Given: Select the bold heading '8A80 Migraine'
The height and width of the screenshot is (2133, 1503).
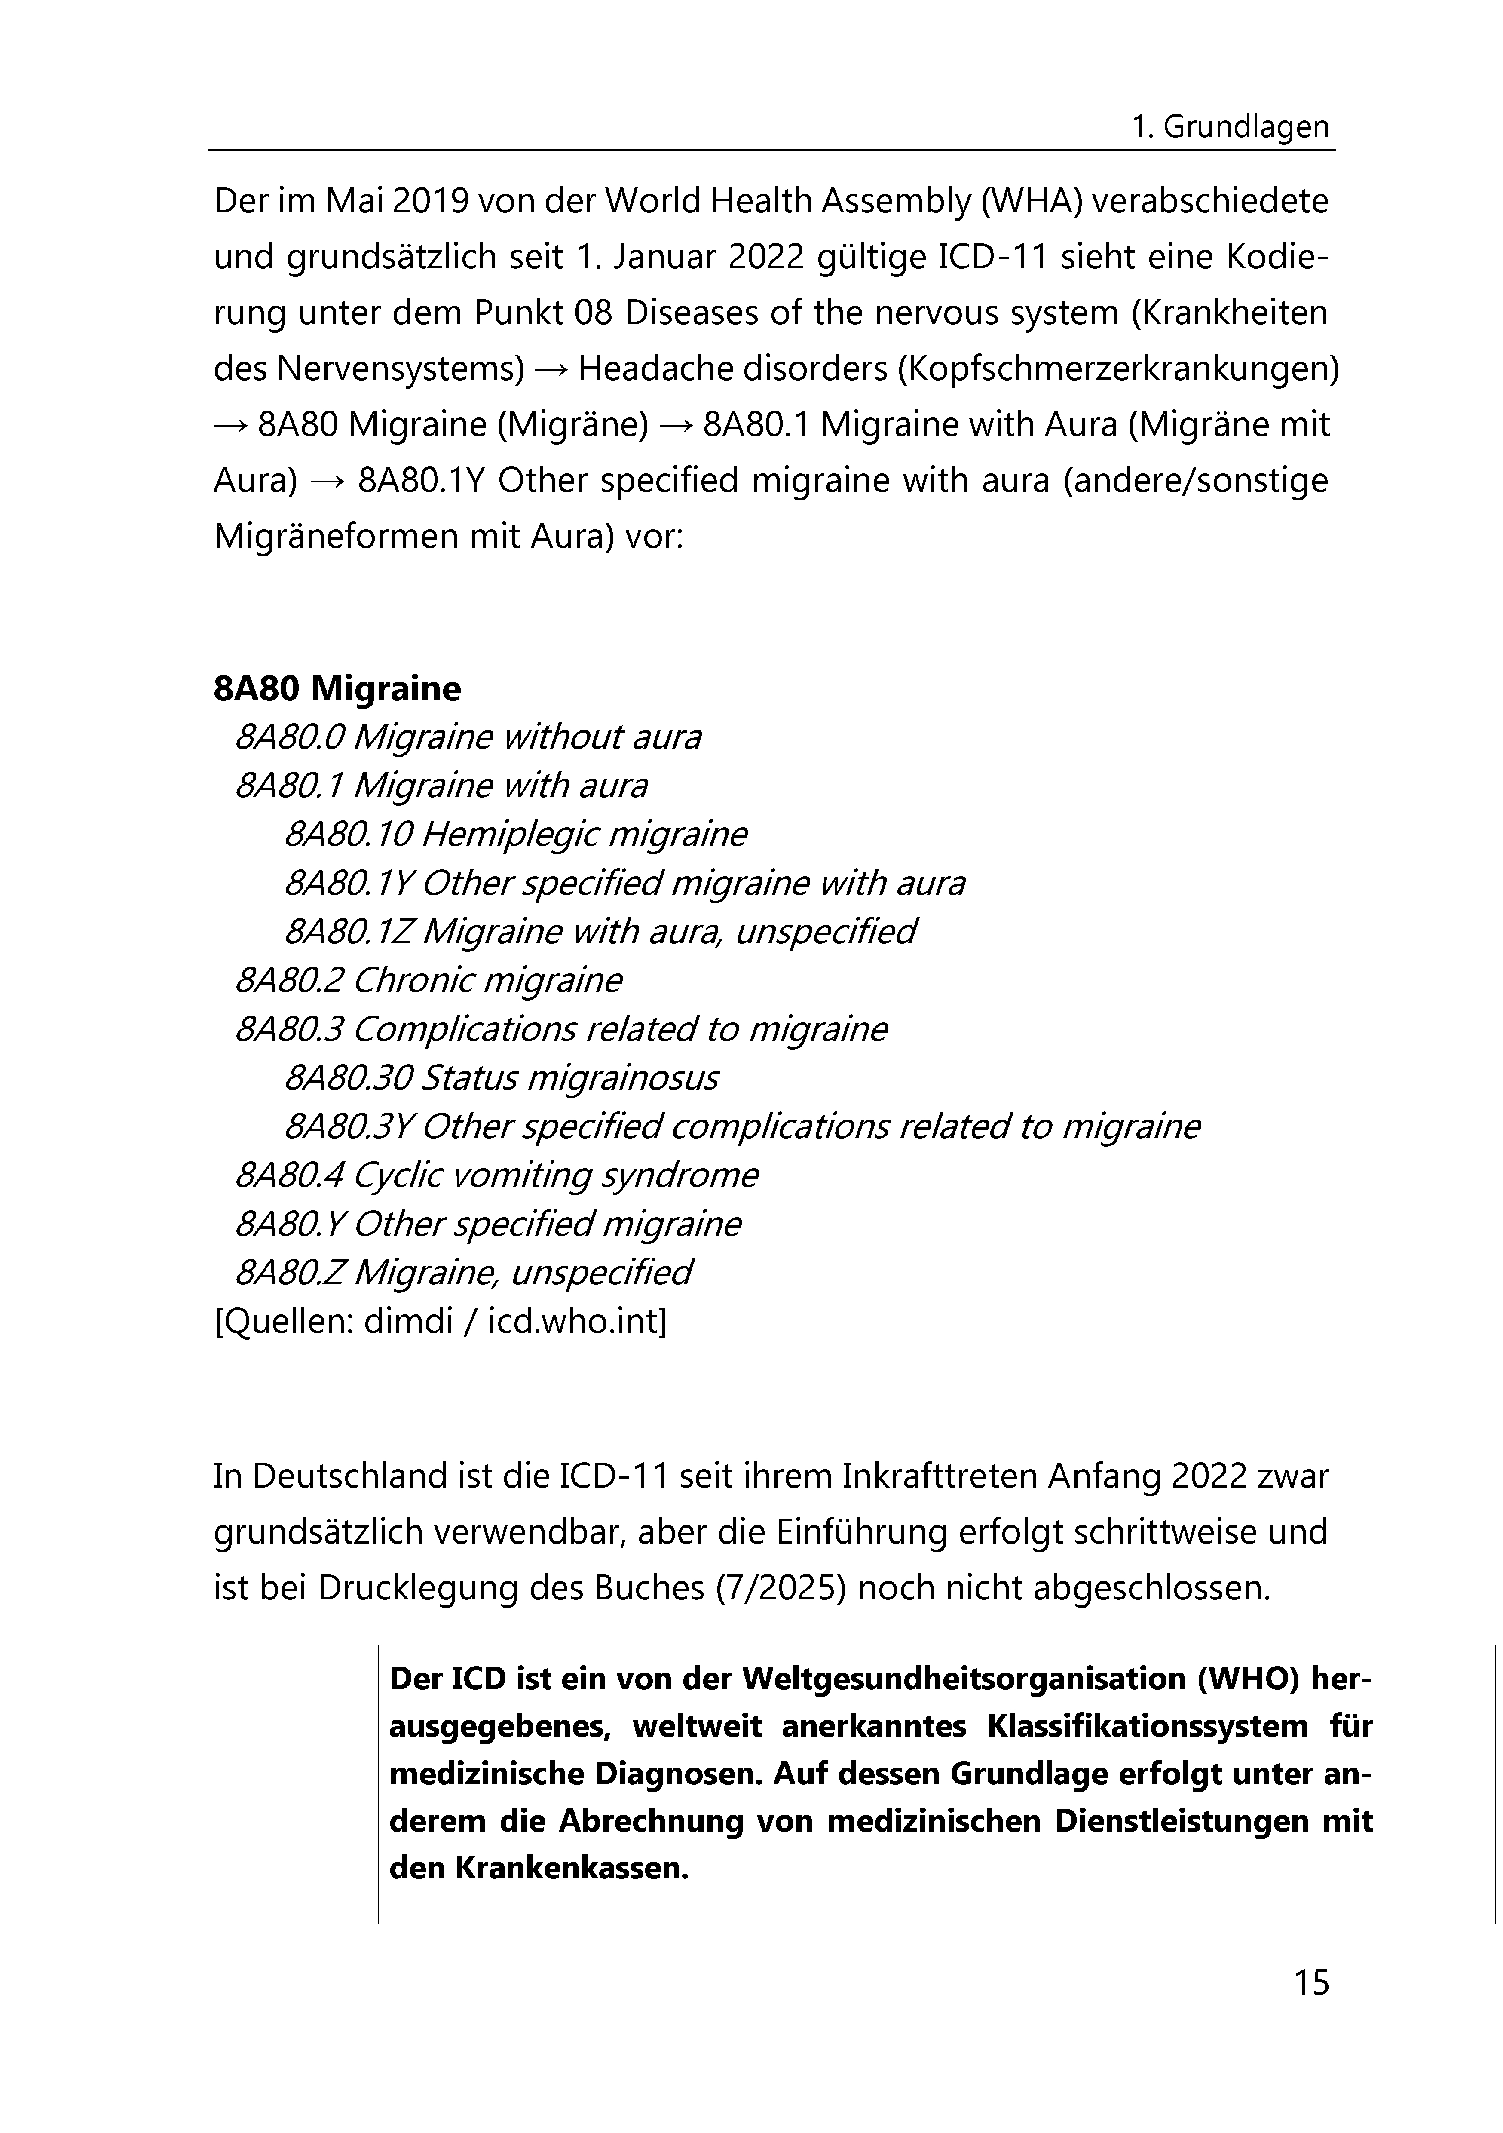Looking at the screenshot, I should point(336,689).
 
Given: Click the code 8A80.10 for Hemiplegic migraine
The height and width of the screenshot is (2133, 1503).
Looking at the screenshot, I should point(347,834).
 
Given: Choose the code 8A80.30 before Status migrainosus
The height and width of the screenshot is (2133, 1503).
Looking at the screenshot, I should point(347,1077).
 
